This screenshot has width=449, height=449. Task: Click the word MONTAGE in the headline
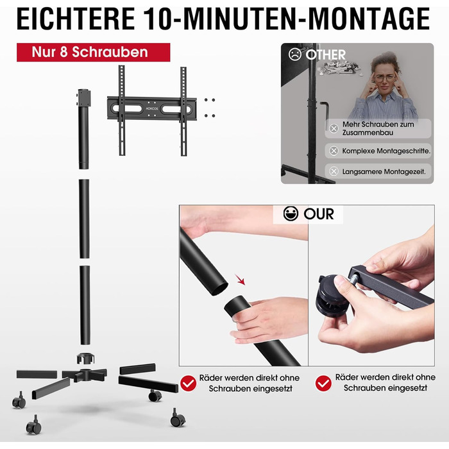(x=369, y=19)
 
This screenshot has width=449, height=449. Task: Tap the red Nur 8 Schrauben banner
(x=94, y=52)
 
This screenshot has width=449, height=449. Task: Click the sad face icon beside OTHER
(x=294, y=55)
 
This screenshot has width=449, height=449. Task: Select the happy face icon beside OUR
(x=291, y=214)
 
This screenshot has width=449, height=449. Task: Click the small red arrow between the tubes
(x=241, y=280)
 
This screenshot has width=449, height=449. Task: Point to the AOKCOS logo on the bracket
(x=152, y=108)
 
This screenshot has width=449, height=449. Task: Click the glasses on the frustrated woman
(x=385, y=78)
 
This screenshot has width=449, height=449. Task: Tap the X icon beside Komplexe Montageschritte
(x=334, y=151)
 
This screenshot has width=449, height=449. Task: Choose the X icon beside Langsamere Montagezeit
(x=334, y=171)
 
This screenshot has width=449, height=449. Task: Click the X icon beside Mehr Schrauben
(x=334, y=128)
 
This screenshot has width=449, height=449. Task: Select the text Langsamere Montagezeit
(x=384, y=171)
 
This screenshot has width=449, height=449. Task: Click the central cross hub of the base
(x=85, y=375)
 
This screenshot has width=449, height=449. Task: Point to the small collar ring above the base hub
(x=85, y=358)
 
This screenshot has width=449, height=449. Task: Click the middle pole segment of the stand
(x=84, y=219)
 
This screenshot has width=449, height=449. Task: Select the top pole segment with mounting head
(x=84, y=129)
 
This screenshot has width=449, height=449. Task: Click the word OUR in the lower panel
(x=319, y=214)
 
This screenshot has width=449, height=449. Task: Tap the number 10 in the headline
(x=159, y=19)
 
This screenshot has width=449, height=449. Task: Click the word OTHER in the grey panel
(x=326, y=55)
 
